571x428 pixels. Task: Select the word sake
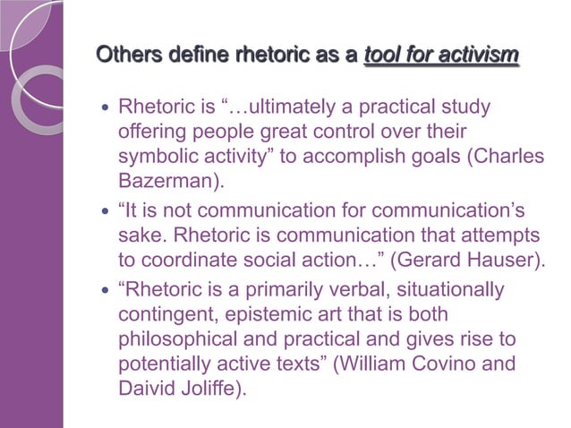tap(139, 236)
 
